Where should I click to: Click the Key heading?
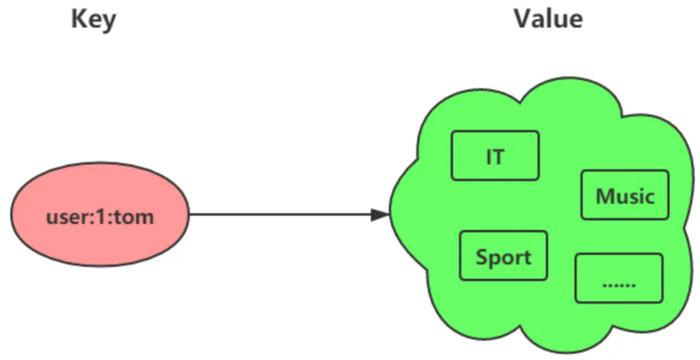click(x=93, y=20)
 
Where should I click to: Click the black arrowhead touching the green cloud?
click(x=380, y=215)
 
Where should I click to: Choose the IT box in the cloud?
click(x=495, y=155)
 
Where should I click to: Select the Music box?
click(x=625, y=195)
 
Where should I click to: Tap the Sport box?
click(x=503, y=256)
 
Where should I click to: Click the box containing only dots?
click(x=618, y=278)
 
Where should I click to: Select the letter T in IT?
click(x=499, y=157)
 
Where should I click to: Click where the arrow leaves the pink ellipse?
click(x=190, y=215)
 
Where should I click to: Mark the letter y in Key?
click(x=109, y=21)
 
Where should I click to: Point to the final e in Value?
click(x=575, y=20)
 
